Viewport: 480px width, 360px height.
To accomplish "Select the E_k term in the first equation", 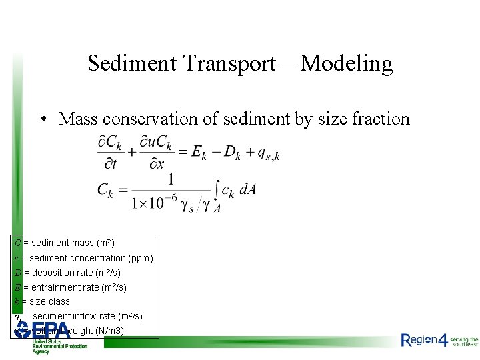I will (199, 153).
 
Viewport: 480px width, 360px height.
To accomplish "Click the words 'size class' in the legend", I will (47, 301).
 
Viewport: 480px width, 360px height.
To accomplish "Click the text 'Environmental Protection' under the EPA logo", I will (60, 346).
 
